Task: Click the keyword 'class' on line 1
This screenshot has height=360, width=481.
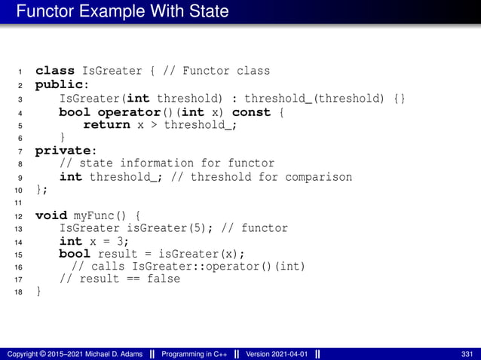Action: tap(54, 71)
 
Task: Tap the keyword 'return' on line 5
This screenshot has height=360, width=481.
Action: tap(106, 124)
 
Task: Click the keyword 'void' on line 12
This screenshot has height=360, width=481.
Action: tap(51, 215)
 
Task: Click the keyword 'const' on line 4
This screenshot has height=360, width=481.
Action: tap(252, 111)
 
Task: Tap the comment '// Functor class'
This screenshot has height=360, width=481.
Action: tap(216, 71)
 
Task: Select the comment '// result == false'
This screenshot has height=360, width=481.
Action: tap(120, 279)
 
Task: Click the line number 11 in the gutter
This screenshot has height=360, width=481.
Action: tap(19, 203)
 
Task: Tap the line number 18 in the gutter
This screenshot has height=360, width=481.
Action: tap(19, 292)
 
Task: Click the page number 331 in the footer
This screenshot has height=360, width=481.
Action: tap(467, 354)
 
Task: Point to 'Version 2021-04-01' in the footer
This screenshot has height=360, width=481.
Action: tap(276, 354)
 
